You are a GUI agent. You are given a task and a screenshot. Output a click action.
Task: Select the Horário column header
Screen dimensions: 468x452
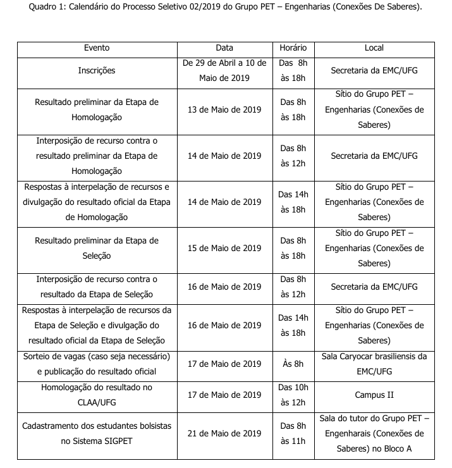(293, 48)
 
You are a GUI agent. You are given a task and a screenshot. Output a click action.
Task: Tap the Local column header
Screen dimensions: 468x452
(374, 48)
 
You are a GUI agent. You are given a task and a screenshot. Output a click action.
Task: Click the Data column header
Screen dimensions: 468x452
(224, 48)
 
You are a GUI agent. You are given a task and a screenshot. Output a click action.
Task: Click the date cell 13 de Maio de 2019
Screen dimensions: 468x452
(224, 109)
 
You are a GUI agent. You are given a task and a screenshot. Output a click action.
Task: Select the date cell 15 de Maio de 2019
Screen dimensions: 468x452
(224, 248)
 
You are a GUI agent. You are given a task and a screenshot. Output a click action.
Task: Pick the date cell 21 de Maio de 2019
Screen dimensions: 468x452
(224, 433)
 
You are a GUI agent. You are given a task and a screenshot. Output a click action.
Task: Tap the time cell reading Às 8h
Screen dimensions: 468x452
(293, 364)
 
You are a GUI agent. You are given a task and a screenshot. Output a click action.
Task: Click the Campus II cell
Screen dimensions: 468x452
(374, 395)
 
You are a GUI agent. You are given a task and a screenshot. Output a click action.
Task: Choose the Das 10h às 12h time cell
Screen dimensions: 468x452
(293, 395)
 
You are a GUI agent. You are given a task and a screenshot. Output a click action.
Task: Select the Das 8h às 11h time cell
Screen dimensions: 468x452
(293, 433)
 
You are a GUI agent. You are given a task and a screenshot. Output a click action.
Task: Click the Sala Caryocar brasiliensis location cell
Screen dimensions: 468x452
(374, 364)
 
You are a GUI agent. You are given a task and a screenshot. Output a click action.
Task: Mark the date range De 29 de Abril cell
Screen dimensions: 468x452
(224, 71)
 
